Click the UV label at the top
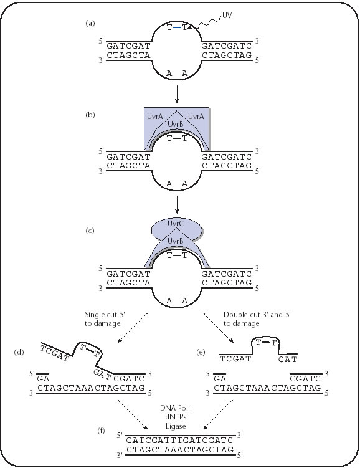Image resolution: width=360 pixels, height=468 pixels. tap(227, 16)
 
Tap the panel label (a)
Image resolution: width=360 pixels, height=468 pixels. tap(90, 23)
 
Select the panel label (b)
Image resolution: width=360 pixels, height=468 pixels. tap(90, 115)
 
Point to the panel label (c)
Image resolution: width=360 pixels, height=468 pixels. tap(90, 231)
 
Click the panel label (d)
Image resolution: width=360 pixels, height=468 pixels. tap(19, 352)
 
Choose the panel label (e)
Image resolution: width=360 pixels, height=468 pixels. tap(201, 352)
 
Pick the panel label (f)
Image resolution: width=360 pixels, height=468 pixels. tap(102, 431)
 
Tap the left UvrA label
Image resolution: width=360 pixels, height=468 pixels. tap(155, 117)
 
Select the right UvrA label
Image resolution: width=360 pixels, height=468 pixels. tap(196, 117)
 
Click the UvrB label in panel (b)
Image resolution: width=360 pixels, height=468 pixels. tap(176, 123)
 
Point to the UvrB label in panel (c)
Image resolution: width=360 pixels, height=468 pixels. tap(176, 241)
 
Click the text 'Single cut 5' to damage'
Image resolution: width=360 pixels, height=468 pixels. tap(105, 319)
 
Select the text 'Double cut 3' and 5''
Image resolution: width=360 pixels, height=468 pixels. tap(257, 315)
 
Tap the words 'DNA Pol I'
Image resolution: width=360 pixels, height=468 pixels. tap(176, 408)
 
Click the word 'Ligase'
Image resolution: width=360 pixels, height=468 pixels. tap(176, 426)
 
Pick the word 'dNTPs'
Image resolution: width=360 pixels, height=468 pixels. tap(176, 417)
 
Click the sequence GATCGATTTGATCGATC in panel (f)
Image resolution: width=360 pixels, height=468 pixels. tap(179, 440)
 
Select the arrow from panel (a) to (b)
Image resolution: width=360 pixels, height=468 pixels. tap(177, 95)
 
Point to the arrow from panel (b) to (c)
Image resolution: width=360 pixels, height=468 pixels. tap(177, 205)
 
